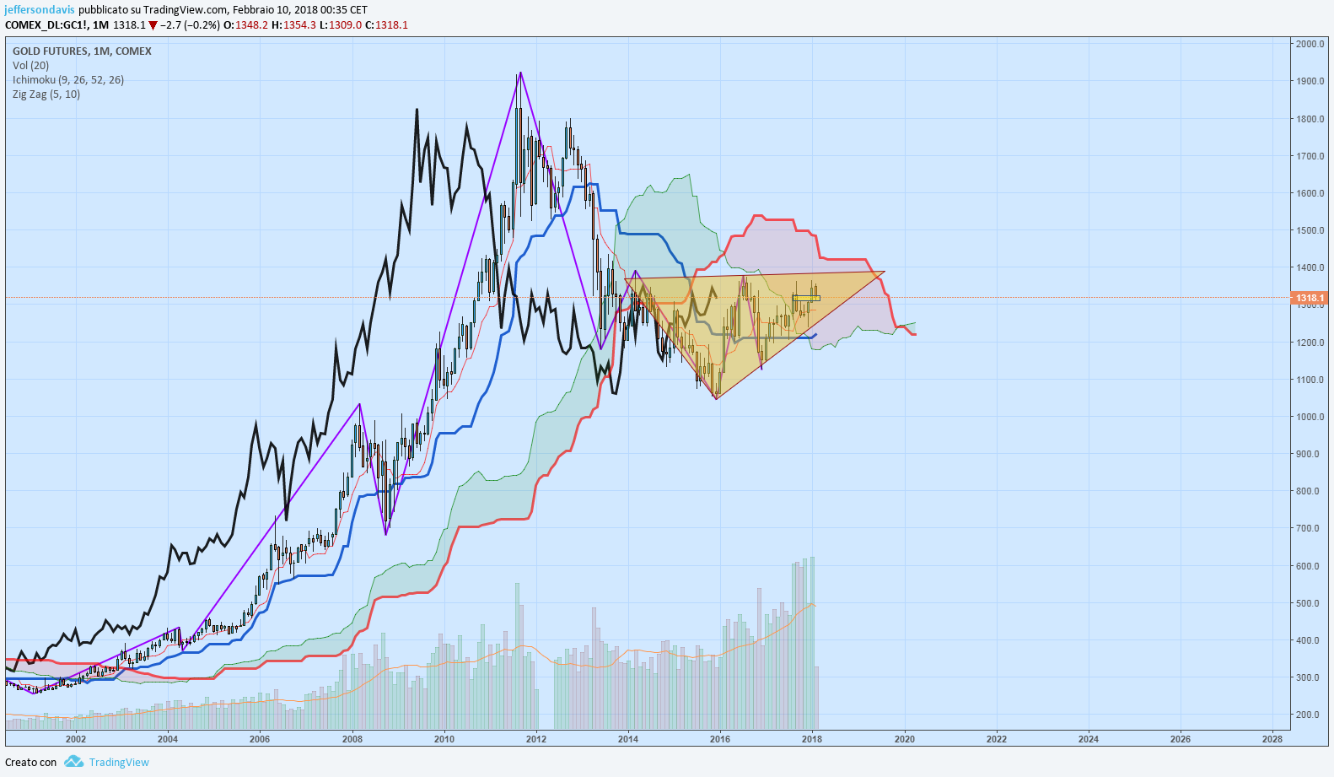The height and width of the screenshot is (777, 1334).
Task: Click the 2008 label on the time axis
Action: [x=352, y=739]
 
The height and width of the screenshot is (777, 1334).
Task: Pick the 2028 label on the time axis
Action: [x=1272, y=739]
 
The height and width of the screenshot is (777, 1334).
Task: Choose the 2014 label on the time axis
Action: [x=627, y=739]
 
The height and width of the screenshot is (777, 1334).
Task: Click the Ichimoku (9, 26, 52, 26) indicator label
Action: [x=68, y=80]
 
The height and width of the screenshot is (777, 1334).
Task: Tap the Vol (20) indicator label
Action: [x=31, y=66]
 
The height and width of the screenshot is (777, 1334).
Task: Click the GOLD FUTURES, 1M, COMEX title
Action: [x=82, y=51]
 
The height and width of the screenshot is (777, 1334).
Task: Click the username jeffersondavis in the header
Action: [x=40, y=10]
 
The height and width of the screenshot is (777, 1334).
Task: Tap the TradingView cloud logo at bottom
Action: [x=74, y=762]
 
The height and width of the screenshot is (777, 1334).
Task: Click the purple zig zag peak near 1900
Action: [x=521, y=73]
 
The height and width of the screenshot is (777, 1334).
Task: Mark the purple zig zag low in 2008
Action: [x=386, y=535]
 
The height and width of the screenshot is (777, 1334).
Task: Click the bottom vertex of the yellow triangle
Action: [x=717, y=399]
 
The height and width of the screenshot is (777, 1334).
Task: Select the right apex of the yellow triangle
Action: [x=885, y=272]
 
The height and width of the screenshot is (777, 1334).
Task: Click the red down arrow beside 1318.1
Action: [x=153, y=25]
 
